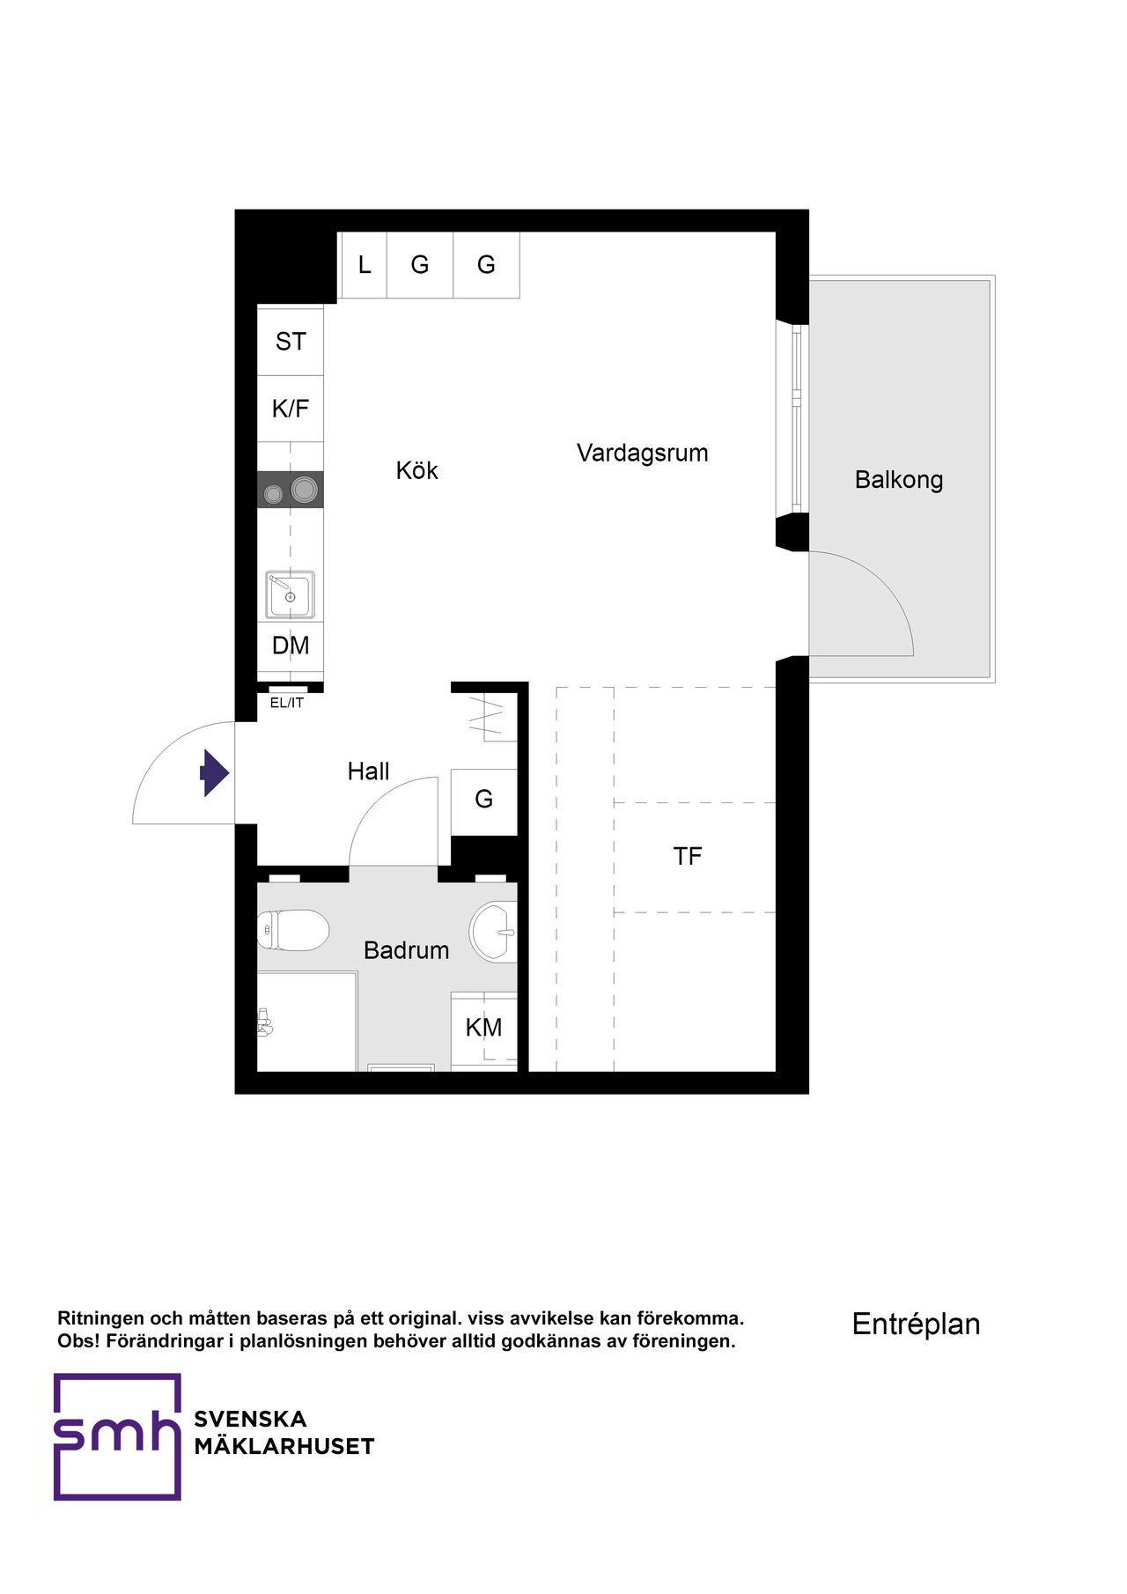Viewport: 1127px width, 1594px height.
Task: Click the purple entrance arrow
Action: (x=215, y=773)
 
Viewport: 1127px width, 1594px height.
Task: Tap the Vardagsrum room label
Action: (x=642, y=453)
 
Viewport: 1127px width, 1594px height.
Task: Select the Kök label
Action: (x=416, y=469)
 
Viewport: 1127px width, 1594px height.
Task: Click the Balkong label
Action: (x=899, y=480)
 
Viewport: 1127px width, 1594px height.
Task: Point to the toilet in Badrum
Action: (x=293, y=930)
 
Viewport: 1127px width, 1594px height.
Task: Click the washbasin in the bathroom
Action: (x=493, y=932)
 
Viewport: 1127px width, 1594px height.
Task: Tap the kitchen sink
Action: (x=290, y=594)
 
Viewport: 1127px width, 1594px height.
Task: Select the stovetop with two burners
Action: (x=290, y=490)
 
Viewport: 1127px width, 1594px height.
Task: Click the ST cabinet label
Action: (x=291, y=342)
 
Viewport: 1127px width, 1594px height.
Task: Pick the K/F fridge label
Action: (x=291, y=409)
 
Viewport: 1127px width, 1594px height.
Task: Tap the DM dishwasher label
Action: (x=291, y=646)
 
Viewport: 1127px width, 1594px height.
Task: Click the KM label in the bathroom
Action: (x=483, y=1028)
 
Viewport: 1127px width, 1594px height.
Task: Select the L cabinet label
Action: (x=365, y=264)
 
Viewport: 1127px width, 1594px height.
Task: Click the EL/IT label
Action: (x=287, y=703)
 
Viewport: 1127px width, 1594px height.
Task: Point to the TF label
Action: (x=688, y=856)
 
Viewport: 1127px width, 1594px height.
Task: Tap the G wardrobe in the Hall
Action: (x=483, y=799)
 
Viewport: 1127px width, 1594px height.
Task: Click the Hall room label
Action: (x=368, y=771)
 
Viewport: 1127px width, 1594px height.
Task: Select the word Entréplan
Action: (x=916, y=1325)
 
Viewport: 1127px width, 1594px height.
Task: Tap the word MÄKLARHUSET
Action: (x=284, y=1446)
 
